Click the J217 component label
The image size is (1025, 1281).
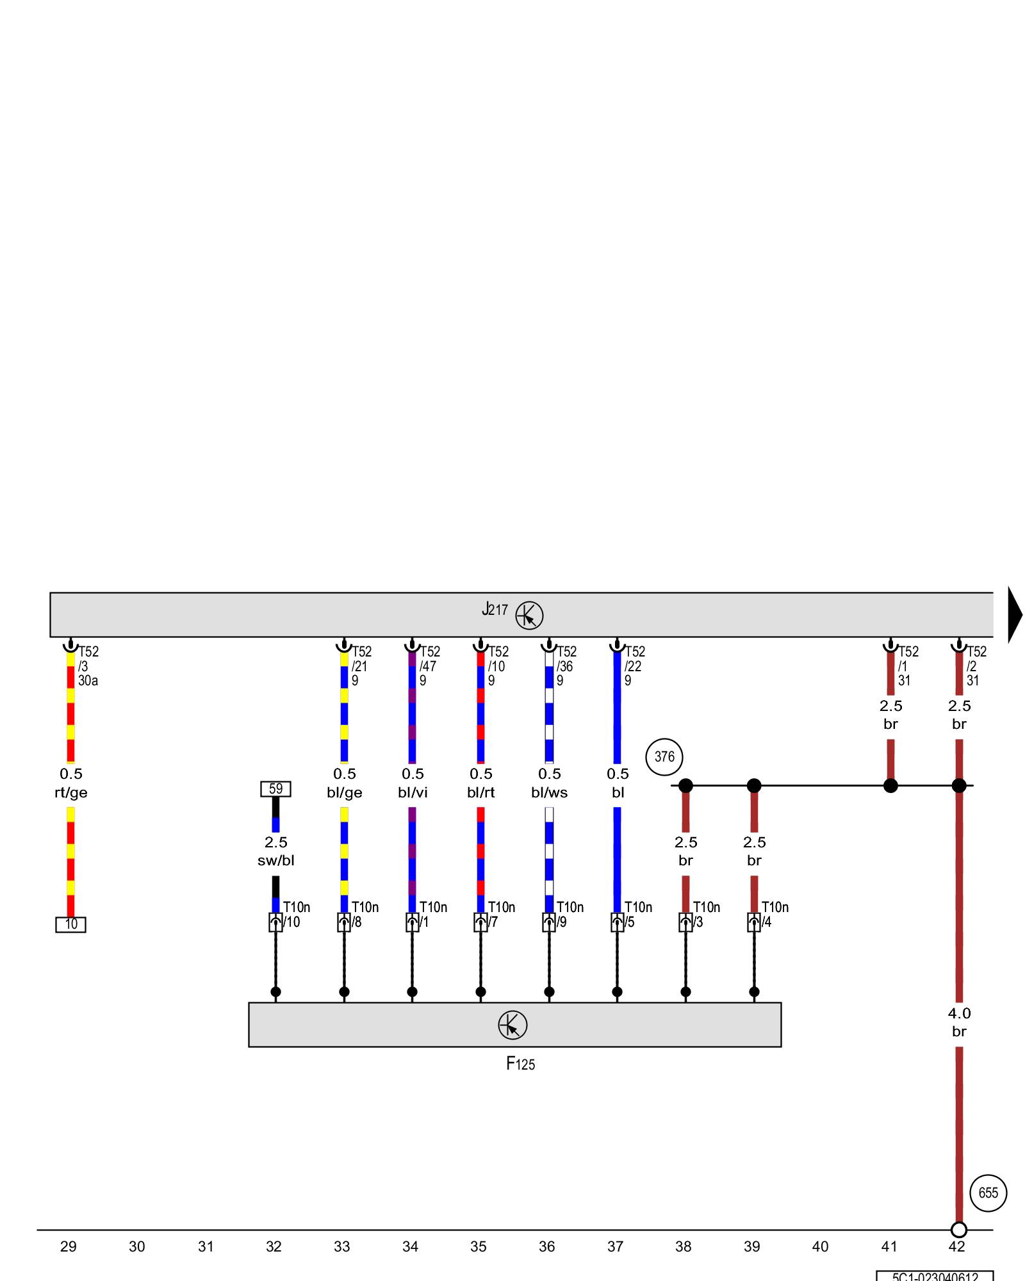coord(495,609)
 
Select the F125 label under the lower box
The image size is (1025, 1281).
coord(520,1064)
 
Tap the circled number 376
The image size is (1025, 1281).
coord(664,756)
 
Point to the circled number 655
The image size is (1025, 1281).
coord(988,1193)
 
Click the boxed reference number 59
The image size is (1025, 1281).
coord(275,788)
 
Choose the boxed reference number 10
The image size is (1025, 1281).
coord(70,924)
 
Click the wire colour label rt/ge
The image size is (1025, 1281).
coord(70,793)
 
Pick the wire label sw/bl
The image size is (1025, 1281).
coord(275,861)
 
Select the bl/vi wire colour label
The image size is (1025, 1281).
coord(413,793)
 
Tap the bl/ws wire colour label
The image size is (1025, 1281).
coord(549,793)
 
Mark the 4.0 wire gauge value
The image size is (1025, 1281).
coord(959,1013)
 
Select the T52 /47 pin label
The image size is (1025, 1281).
coord(429,659)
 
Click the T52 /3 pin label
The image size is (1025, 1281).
coord(88,659)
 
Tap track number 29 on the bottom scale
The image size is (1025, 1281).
coord(69,1246)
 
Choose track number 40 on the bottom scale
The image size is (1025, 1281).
coord(820,1246)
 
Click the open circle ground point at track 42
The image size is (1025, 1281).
coord(958,1230)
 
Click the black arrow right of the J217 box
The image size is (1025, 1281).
coord(1015,614)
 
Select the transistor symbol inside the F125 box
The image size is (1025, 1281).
coord(512,1025)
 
